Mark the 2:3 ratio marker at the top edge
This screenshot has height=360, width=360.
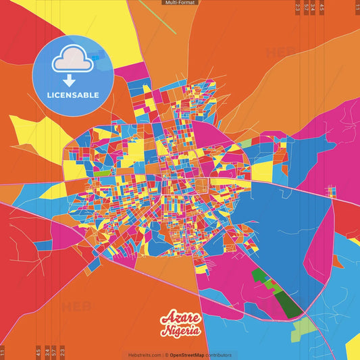point(298,7)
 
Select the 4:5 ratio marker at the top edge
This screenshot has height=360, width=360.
point(322,7)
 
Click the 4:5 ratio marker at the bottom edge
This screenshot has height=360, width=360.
point(38,352)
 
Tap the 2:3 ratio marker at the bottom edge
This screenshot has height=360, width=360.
point(62,352)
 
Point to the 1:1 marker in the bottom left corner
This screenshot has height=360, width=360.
point(3,352)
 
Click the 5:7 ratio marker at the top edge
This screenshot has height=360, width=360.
point(306,7)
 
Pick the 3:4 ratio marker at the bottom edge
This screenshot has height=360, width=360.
point(46,352)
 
